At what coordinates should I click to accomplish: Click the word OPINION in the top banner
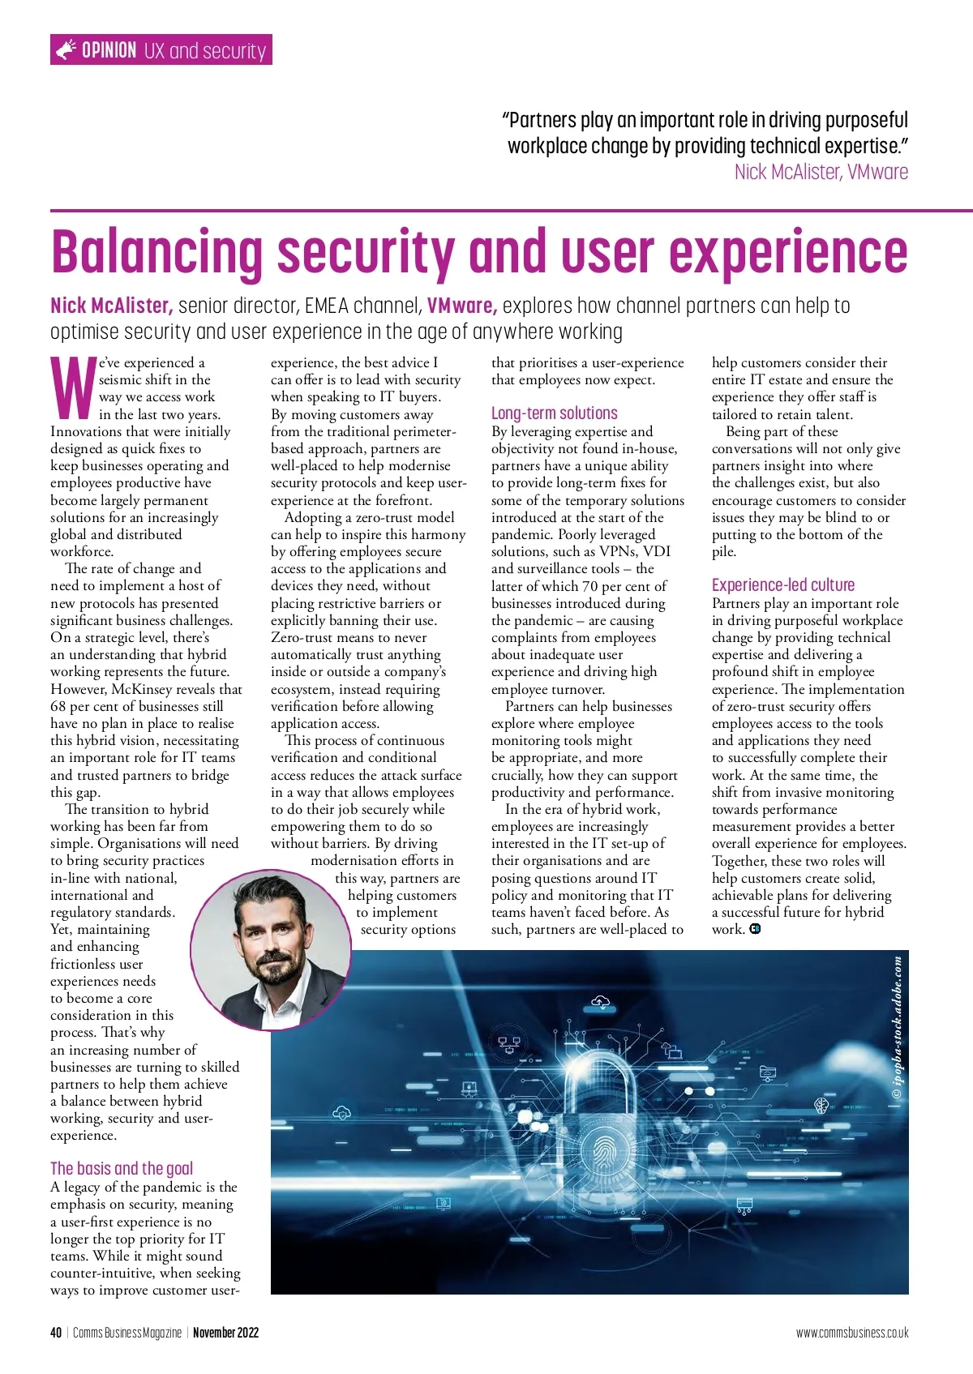pos(109,50)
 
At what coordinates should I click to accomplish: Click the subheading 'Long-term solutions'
pos(554,413)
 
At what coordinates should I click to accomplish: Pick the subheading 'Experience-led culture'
pos(782,584)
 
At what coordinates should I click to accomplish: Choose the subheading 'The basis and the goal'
pos(122,1168)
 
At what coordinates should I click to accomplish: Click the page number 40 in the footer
pos(56,1333)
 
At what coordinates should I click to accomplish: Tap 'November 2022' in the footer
pos(225,1333)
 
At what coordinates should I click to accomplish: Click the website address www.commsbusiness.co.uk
pos(851,1333)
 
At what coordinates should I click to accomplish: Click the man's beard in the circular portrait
pos(271,970)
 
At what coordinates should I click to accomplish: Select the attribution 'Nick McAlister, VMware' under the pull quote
pos(821,172)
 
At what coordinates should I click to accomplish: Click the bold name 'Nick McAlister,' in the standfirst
pos(111,306)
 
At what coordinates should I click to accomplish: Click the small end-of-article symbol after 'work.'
pos(756,929)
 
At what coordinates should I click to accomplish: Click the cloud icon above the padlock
pos(601,1003)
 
